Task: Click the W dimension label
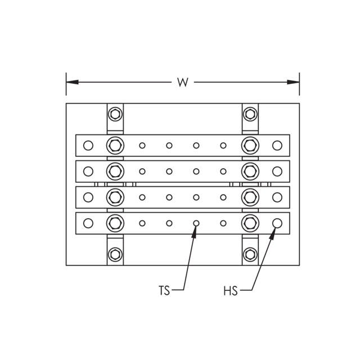[x=182, y=82]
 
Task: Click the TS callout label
[x=164, y=291]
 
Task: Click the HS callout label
[x=230, y=291]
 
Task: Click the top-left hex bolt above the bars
[x=115, y=114]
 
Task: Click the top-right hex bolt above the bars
[x=250, y=114]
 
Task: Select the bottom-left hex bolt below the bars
[x=115, y=254]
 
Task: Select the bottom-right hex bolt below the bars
[x=250, y=254]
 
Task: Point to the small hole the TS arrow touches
[x=196, y=223]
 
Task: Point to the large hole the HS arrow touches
[x=277, y=223]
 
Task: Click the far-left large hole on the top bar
[x=88, y=146]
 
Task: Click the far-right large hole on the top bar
[x=277, y=146]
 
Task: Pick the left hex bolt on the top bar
[x=115, y=146]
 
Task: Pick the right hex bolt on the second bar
[x=250, y=170]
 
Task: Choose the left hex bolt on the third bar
[x=115, y=197]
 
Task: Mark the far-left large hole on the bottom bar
[x=88, y=223]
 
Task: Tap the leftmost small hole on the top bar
[x=142, y=146]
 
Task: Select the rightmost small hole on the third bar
[x=223, y=197]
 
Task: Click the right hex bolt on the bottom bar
[x=250, y=223]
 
